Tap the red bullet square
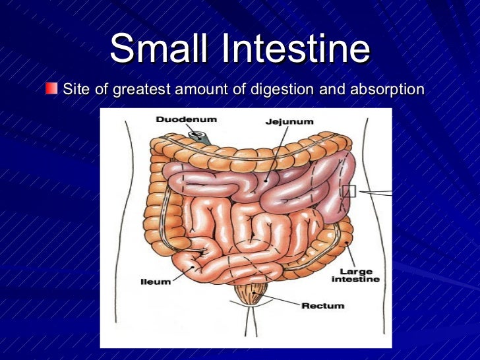(51, 88)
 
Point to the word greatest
(142, 88)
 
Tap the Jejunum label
(289, 121)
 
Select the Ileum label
(156, 282)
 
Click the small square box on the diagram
(348, 191)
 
